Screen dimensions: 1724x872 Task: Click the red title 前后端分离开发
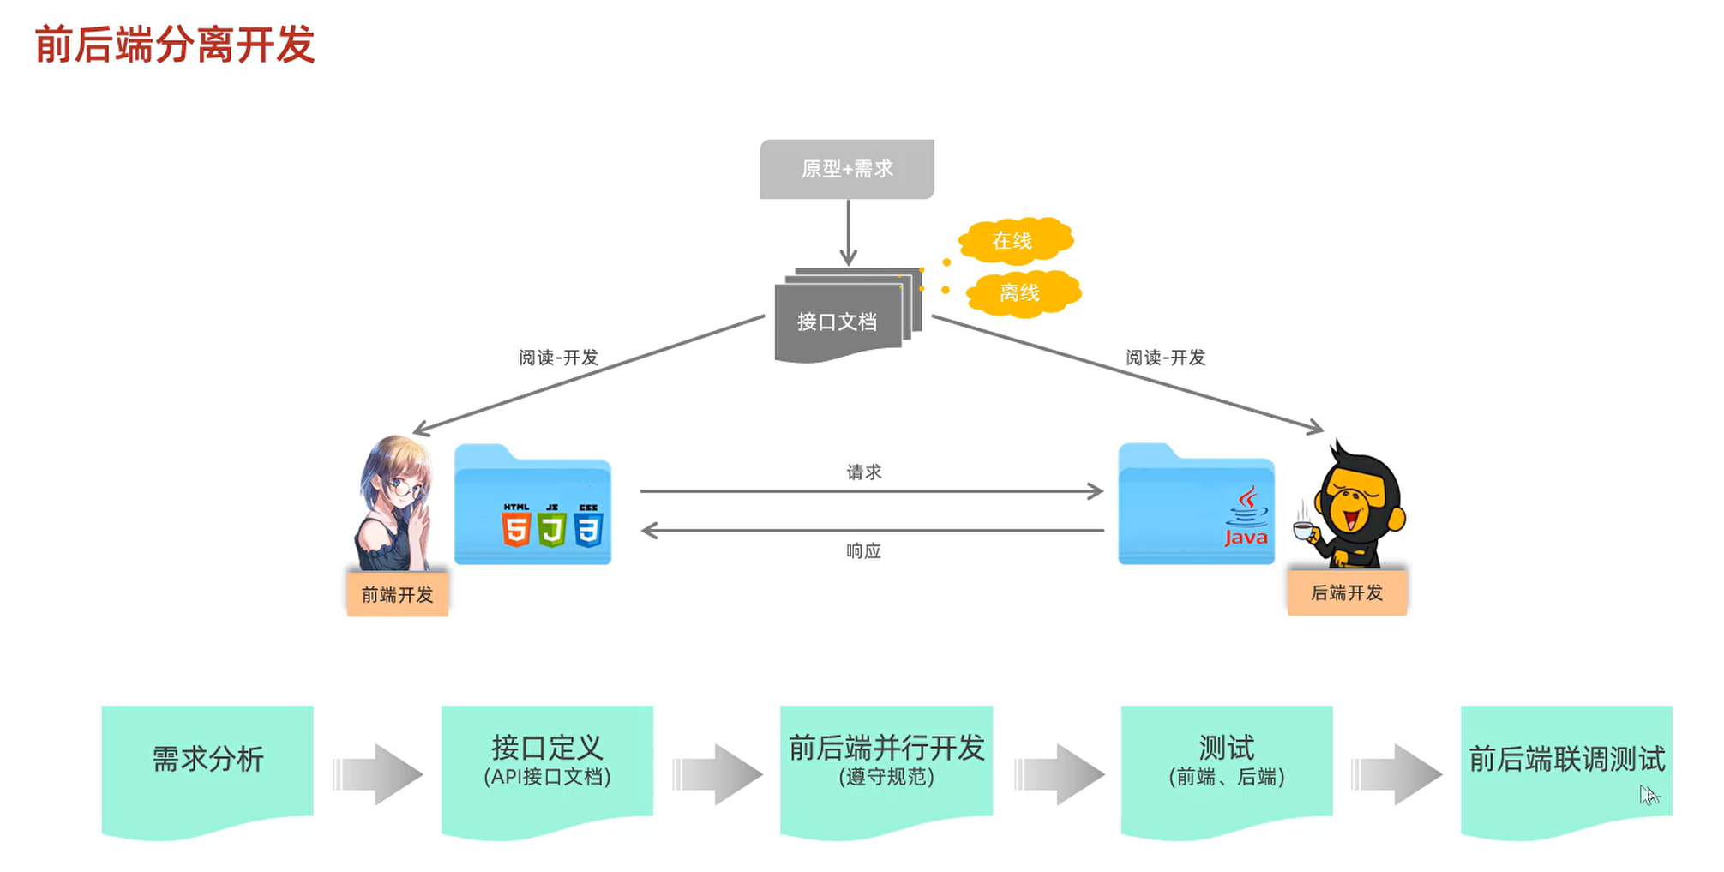pos(175,45)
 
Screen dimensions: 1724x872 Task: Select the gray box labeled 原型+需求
pos(847,169)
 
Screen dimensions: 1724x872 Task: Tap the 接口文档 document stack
pos(848,315)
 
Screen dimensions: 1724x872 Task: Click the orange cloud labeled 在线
pos(1015,240)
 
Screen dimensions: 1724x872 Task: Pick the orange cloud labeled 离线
pos(1023,292)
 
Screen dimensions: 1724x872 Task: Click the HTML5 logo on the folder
pos(515,525)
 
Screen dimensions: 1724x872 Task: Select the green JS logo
pos(552,525)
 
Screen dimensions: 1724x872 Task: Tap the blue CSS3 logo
pos(588,525)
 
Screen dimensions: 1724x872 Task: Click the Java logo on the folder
pos(1246,516)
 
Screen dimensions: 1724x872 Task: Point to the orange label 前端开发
pos(398,594)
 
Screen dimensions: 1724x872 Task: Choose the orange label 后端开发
pos(1347,592)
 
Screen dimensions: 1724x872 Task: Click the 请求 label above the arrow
pos(864,472)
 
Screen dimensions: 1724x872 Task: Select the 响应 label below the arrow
pos(864,551)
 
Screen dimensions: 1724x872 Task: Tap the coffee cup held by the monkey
pos(1305,530)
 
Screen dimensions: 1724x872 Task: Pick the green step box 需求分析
pos(207,771)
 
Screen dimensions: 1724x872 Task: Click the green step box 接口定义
pos(547,771)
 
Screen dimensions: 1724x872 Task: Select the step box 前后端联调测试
pos(1566,771)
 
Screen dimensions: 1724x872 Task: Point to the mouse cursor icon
pos(1649,795)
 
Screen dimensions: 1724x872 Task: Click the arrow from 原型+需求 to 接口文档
pos(848,232)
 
